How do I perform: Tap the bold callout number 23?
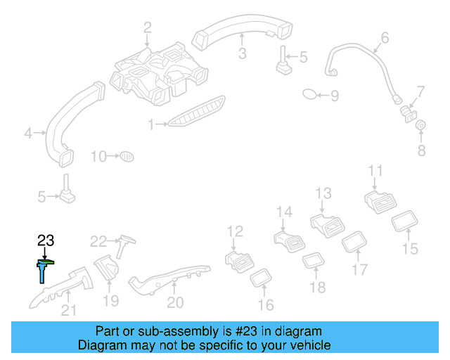tap(45, 242)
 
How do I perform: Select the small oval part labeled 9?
tap(310, 94)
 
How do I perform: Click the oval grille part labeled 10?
tap(127, 155)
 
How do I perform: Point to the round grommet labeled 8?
tap(421, 127)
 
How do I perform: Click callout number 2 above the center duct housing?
tap(147, 28)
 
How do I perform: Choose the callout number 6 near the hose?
tap(385, 37)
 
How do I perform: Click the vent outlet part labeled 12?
tap(239, 261)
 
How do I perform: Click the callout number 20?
tap(175, 302)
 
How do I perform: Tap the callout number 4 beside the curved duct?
tap(28, 131)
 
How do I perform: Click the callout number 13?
tap(323, 193)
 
